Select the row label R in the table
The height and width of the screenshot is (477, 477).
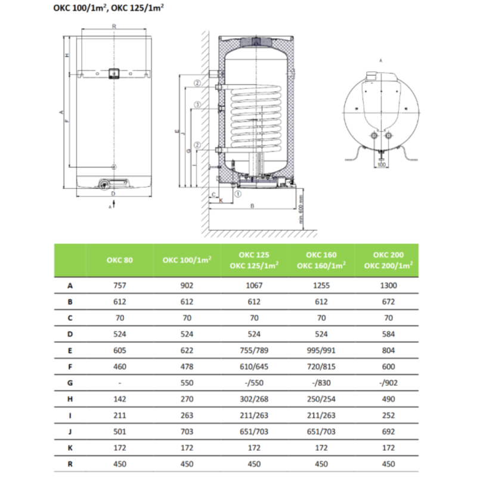[x=70, y=463]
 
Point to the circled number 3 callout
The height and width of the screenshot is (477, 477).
[x=197, y=104]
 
